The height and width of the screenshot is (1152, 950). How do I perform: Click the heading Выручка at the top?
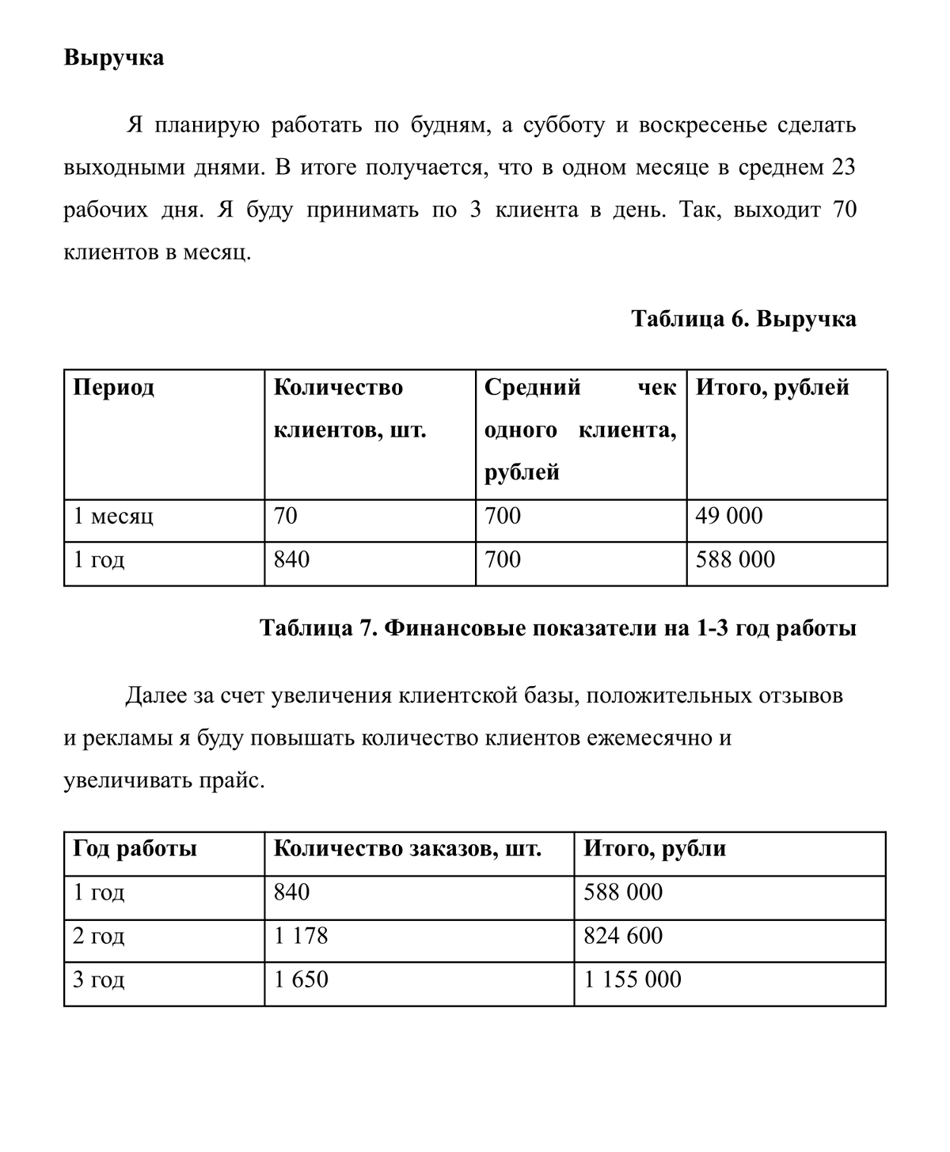point(114,58)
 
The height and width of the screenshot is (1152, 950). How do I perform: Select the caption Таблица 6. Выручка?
point(743,319)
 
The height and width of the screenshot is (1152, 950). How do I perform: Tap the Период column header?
point(114,388)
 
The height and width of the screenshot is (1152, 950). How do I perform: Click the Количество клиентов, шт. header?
point(349,409)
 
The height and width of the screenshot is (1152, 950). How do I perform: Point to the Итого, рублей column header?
point(772,388)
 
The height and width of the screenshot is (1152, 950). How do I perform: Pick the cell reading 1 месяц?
point(113,517)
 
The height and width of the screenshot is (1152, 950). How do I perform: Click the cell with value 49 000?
point(729,517)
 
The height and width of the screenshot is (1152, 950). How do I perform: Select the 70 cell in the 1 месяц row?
point(286,517)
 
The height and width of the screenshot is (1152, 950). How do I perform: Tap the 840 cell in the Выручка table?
point(291,560)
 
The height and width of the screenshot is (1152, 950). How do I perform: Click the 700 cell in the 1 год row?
point(503,560)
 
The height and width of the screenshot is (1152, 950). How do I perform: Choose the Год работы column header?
point(135,849)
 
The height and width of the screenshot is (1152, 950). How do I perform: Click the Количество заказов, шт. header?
point(408,849)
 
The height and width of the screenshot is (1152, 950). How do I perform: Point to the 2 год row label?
point(99,937)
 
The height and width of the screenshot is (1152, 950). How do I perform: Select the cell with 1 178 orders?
point(301,937)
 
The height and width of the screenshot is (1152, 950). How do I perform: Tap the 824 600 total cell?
point(623,937)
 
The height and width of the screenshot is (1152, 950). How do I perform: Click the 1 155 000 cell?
point(633,980)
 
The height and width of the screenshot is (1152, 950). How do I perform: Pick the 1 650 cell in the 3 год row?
point(301,980)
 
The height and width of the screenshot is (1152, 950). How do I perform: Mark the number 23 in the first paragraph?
point(844,168)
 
